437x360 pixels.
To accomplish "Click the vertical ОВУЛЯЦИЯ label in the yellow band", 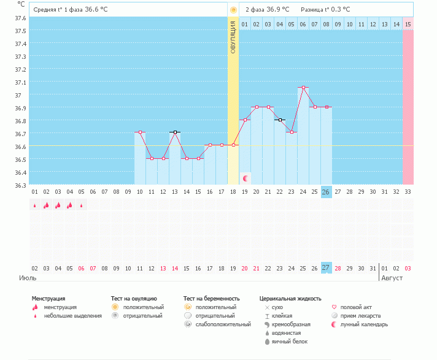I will click(x=233, y=37).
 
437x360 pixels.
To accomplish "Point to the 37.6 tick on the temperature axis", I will click(x=20, y=18).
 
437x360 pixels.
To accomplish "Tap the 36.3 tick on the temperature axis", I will click(x=20, y=185).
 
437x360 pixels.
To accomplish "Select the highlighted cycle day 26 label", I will click(x=326, y=192).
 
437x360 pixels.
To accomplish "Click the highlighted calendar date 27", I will click(x=326, y=268).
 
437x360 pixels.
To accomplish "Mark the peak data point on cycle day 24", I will click(x=303, y=88).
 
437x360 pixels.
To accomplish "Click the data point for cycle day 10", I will click(x=140, y=132).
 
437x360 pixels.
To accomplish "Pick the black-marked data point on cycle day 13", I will click(x=175, y=132).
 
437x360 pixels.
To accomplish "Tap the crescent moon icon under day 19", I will click(x=246, y=178).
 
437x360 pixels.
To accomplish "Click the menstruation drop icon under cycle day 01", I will click(x=35, y=205).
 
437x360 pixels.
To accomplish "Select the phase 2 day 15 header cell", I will click(x=408, y=24).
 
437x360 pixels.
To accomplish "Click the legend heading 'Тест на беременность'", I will click(x=209, y=298).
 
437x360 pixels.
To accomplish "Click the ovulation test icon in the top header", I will click(x=233, y=10).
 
